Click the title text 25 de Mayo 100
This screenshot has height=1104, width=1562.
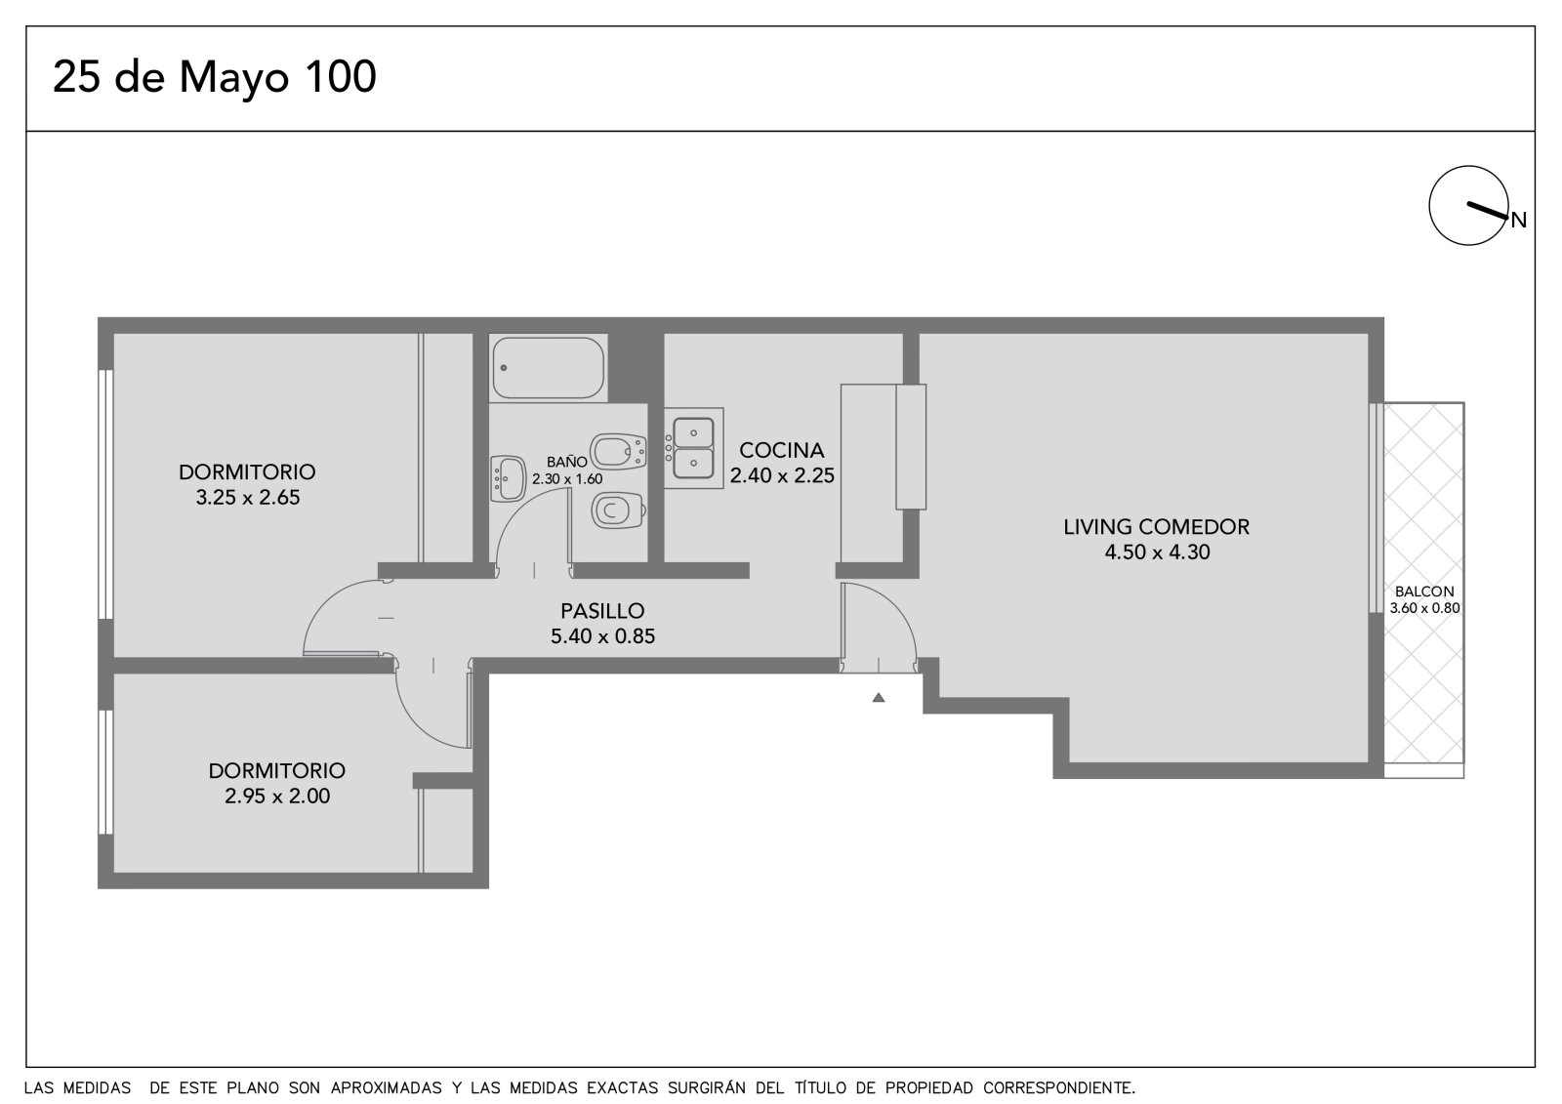click(215, 77)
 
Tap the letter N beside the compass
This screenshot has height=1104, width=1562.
click(1519, 221)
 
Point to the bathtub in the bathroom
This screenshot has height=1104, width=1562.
click(548, 368)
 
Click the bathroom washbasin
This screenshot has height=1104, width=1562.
click(508, 479)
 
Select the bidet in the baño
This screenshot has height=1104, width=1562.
click(619, 451)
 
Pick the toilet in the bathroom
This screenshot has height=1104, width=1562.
click(618, 511)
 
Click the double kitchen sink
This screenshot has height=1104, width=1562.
click(693, 448)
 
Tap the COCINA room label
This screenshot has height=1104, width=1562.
click(782, 450)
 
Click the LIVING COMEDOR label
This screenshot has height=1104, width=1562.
click(1156, 526)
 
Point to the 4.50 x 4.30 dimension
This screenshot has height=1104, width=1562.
click(1158, 552)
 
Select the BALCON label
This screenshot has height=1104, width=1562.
click(1424, 592)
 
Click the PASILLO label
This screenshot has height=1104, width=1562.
click(602, 611)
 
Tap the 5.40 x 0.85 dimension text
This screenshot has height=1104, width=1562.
click(602, 636)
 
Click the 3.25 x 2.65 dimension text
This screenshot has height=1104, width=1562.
click(248, 497)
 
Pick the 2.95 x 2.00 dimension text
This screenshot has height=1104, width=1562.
click(277, 796)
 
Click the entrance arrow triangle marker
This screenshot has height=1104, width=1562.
click(879, 697)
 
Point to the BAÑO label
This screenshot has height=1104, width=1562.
click(567, 462)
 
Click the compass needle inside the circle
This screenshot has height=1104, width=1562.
click(1488, 211)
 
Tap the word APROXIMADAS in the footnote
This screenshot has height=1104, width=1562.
click(386, 1088)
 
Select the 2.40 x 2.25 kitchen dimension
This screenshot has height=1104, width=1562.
click(782, 475)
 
